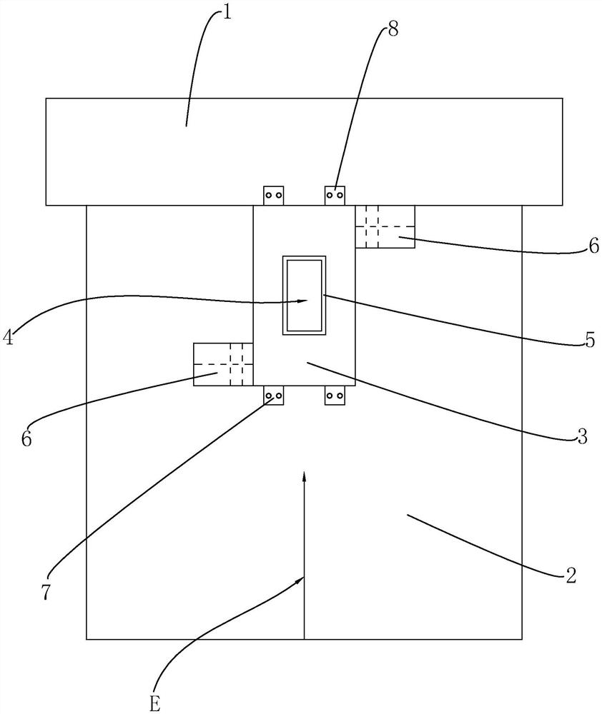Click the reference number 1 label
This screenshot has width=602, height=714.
227,14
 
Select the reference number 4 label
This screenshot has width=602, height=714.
8,336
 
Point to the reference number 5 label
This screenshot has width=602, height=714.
589,341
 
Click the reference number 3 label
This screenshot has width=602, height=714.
582,436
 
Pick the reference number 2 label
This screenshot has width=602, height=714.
571,575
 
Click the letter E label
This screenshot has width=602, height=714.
154,703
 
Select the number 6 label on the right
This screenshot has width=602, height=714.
593,246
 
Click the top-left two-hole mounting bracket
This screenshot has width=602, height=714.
274,195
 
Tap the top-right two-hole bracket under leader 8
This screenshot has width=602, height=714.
335,195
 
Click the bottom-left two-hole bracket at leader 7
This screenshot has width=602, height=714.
274,396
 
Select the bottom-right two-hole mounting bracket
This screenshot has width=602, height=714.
335,396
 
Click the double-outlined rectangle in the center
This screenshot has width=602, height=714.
305,295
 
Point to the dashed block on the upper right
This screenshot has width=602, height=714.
385,226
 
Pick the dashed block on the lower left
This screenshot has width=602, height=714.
223,364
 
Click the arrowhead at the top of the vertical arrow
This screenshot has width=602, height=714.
304,476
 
